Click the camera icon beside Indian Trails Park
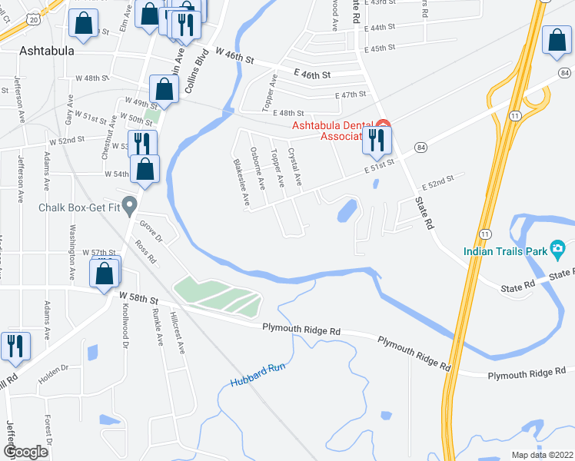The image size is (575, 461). [557, 248]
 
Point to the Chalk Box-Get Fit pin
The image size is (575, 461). [130, 205]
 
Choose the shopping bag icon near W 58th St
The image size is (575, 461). [105, 273]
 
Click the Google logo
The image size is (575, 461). [26, 451]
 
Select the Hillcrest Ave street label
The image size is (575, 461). [178, 332]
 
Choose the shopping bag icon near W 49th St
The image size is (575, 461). [164, 89]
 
